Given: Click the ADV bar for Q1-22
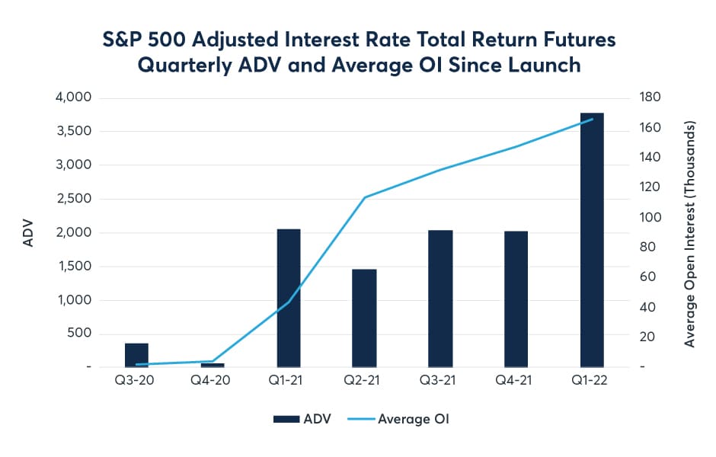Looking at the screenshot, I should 592,240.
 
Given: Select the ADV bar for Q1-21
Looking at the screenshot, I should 288,298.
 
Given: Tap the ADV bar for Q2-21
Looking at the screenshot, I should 364,318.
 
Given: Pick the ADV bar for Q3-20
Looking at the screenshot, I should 136,355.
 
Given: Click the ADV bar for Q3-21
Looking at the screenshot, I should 440,298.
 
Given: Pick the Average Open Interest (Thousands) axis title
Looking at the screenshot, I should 690,232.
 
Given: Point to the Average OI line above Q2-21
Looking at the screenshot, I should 365,197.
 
